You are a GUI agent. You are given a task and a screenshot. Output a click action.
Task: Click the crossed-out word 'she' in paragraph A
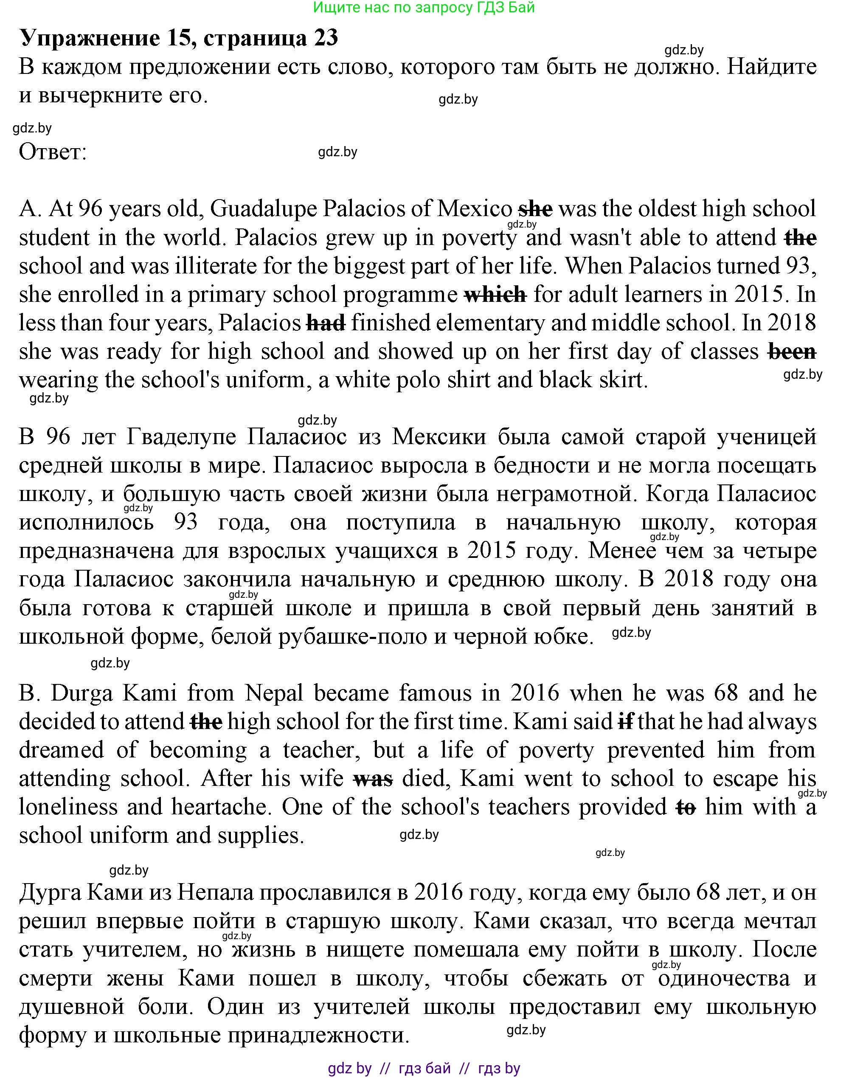(x=535, y=209)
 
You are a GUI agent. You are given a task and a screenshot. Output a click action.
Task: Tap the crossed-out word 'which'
(x=495, y=295)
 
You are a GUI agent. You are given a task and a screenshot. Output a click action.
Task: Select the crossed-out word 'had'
(x=326, y=323)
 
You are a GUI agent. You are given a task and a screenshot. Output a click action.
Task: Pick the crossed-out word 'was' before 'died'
(x=373, y=779)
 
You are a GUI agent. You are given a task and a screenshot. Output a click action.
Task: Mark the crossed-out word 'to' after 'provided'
(x=686, y=807)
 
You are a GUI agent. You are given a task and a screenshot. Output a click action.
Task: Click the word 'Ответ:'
(x=53, y=152)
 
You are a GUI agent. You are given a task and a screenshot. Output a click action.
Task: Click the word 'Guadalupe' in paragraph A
(x=264, y=209)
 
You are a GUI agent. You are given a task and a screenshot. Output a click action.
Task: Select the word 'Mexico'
(x=474, y=209)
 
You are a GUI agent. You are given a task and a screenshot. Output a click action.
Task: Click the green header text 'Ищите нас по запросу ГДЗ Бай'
(x=424, y=8)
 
